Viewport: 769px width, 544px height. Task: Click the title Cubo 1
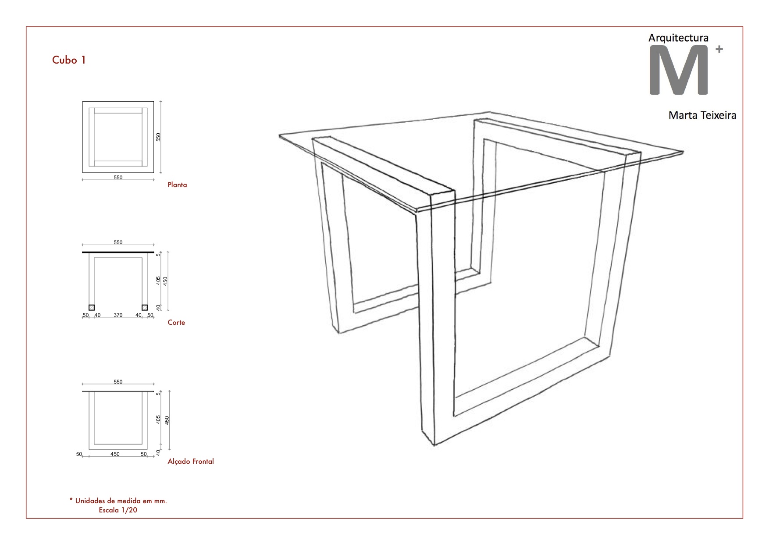[69, 60]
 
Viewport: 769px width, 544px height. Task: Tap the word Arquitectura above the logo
[678, 38]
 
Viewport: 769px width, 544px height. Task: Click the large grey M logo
[679, 71]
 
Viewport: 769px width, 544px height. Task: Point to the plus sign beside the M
[719, 49]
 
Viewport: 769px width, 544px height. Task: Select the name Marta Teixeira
[702, 115]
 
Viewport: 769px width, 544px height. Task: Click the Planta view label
[177, 185]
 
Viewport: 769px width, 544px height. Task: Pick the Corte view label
[176, 323]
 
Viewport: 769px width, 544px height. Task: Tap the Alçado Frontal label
[191, 461]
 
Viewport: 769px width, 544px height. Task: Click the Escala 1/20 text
[118, 510]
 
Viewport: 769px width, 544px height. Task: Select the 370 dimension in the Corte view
[118, 315]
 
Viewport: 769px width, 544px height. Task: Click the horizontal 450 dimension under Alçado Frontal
[115, 454]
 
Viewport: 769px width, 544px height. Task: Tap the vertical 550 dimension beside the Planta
[159, 137]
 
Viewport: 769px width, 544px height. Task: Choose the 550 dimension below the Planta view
[118, 178]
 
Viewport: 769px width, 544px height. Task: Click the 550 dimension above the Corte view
[118, 242]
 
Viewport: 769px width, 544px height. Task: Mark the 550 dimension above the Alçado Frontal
[118, 382]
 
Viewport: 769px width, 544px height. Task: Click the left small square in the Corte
[92, 307]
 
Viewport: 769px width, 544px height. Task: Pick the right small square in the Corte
[145, 307]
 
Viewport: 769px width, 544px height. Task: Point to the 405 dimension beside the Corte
[159, 280]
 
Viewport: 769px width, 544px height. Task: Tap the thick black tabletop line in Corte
[118, 252]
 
